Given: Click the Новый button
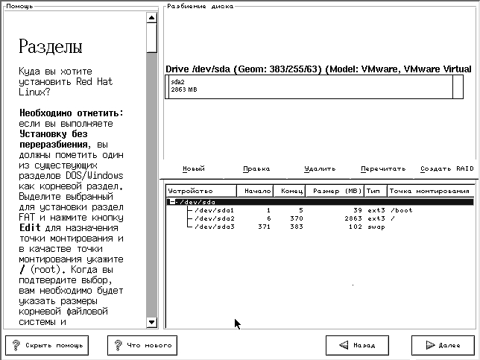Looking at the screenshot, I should point(194,168).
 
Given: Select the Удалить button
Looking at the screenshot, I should point(320,168).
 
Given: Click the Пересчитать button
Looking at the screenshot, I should point(383,168).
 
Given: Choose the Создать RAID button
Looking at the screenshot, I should point(446,168).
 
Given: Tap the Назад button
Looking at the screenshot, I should point(357,345).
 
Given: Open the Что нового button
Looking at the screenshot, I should point(142,345).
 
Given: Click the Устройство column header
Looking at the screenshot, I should point(191,191).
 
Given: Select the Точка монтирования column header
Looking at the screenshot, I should point(430,191).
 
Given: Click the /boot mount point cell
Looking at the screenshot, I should point(400,210).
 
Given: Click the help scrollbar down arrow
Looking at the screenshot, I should point(152,322).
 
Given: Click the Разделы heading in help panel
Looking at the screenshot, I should point(50,49).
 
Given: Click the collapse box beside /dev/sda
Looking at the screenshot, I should point(172,202).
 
